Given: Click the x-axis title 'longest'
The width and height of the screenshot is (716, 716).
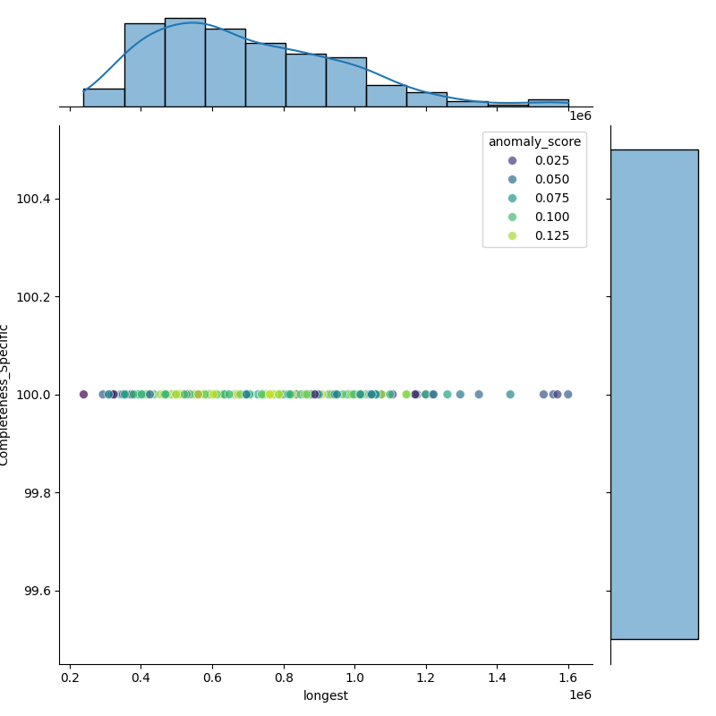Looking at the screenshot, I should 326,695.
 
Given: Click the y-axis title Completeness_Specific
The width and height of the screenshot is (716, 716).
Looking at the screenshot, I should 4,395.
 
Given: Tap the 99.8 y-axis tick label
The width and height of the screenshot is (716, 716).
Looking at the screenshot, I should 37,493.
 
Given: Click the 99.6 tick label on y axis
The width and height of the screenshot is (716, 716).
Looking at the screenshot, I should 37,592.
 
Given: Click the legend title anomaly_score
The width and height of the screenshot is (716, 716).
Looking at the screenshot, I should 534,141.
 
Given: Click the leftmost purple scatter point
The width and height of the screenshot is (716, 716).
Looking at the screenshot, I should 83,394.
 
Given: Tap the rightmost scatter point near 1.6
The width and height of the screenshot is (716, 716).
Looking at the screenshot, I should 567,394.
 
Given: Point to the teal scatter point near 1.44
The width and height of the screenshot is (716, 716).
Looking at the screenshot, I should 510,394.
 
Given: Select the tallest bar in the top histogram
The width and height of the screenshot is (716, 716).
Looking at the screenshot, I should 184,63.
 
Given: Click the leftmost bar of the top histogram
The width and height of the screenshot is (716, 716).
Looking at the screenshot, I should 104,98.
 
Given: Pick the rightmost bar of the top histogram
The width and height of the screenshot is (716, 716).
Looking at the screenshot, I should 548,103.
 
